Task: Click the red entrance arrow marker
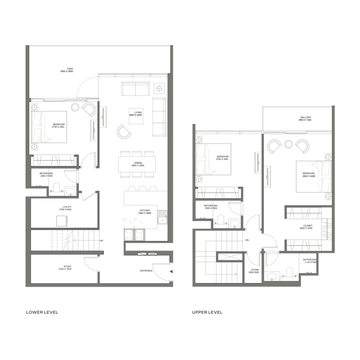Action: tap(171, 272)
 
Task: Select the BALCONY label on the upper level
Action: tap(306, 118)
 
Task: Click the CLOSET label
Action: tap(308, 225)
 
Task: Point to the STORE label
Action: tap(254, 270)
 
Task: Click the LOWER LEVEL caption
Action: tap(42, 312)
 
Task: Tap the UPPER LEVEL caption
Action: tap(207, 312)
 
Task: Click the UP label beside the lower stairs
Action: tap(101, 241)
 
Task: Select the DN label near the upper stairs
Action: tap(247, 240)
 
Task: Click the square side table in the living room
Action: tap(159, 87)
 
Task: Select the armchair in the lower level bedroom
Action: tap(89, 109)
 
